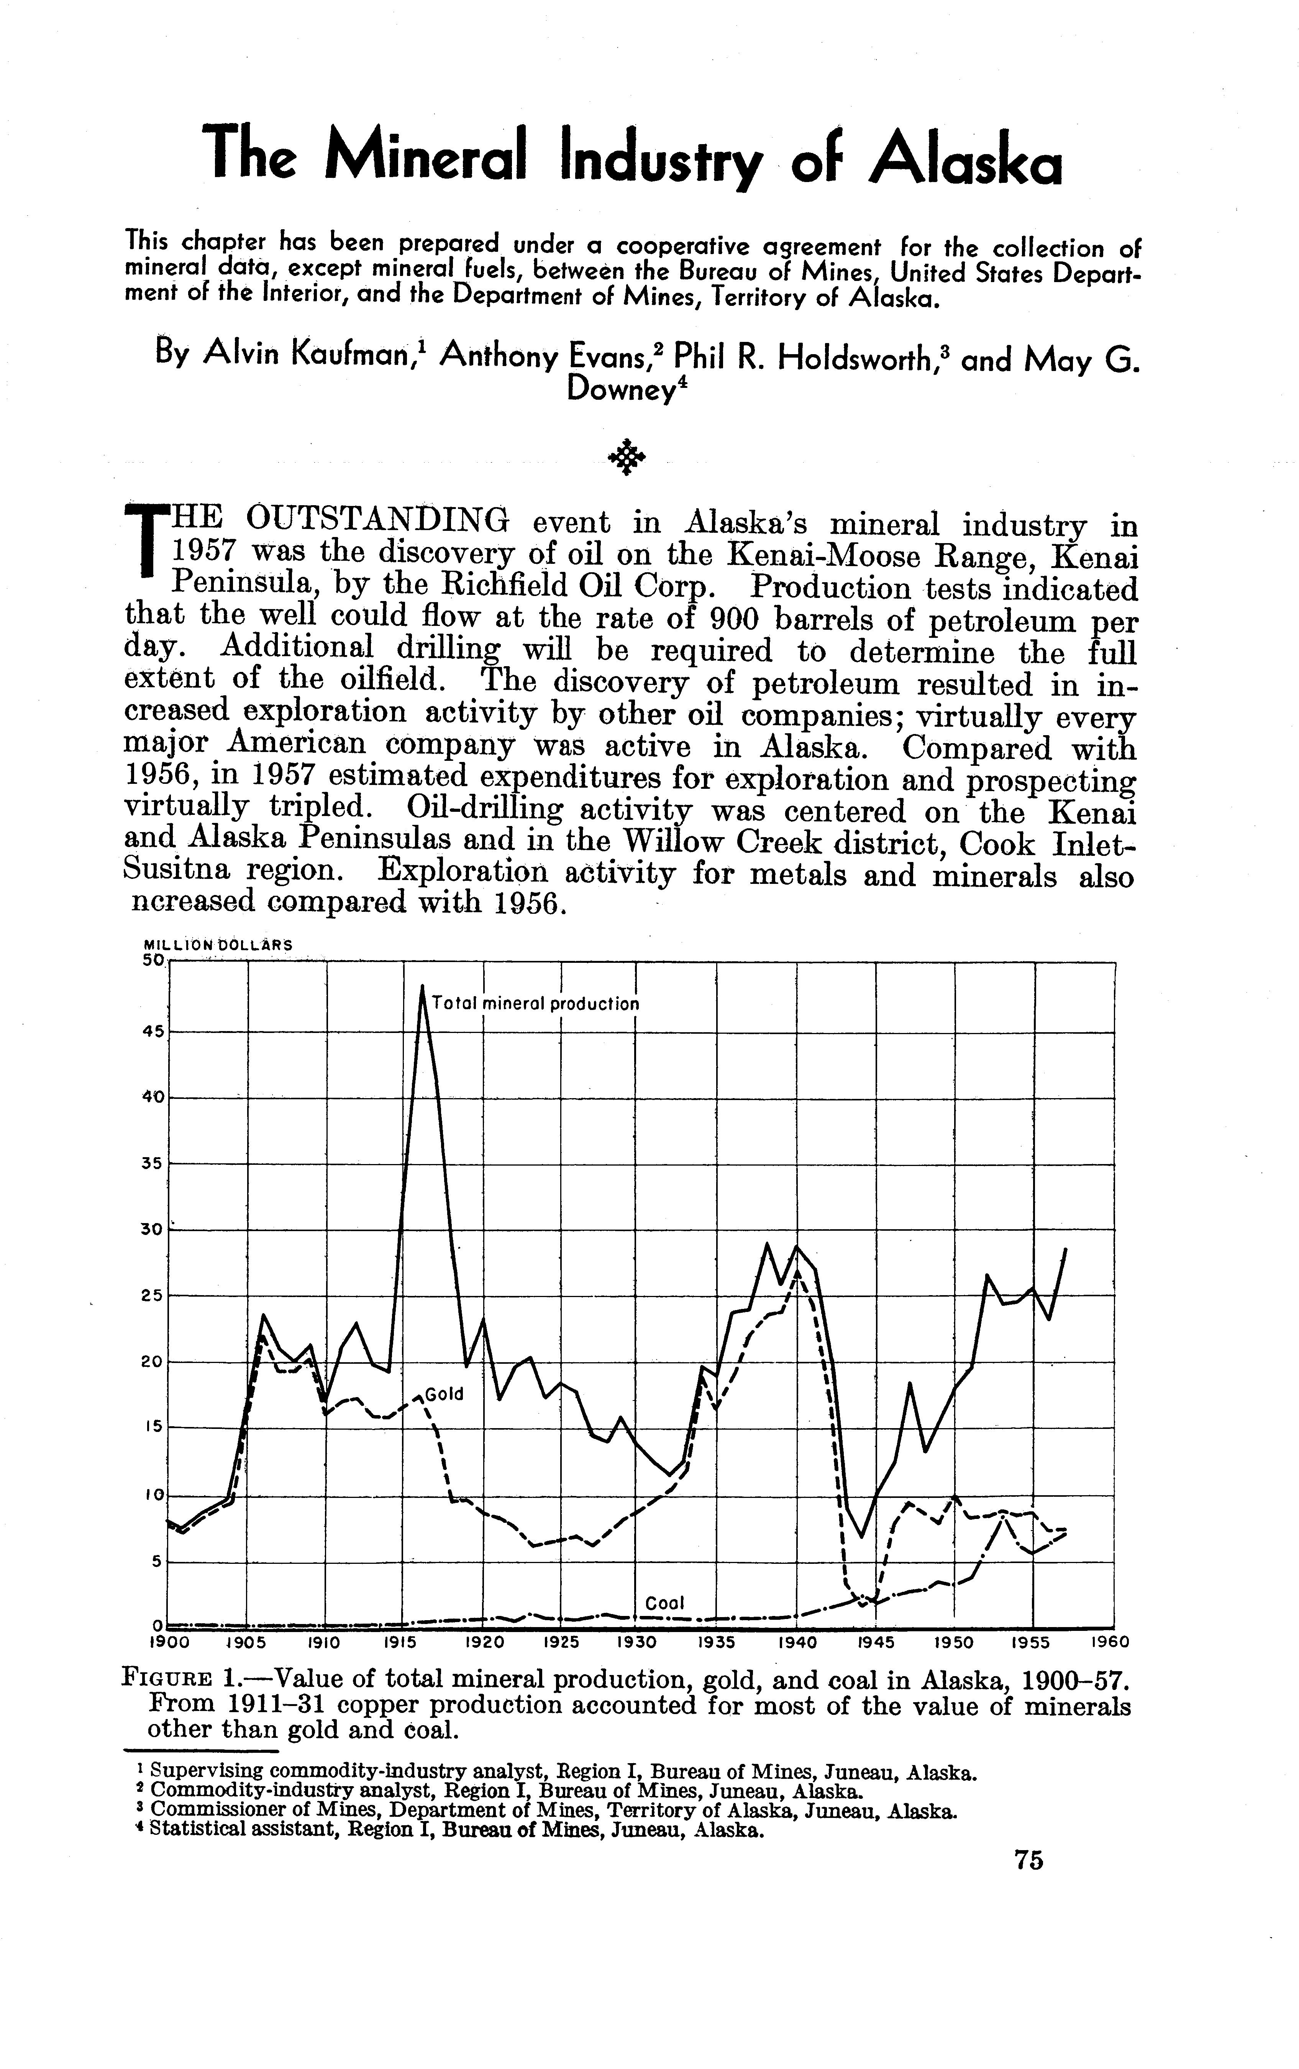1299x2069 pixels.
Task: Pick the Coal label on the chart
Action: [664, 1603]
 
